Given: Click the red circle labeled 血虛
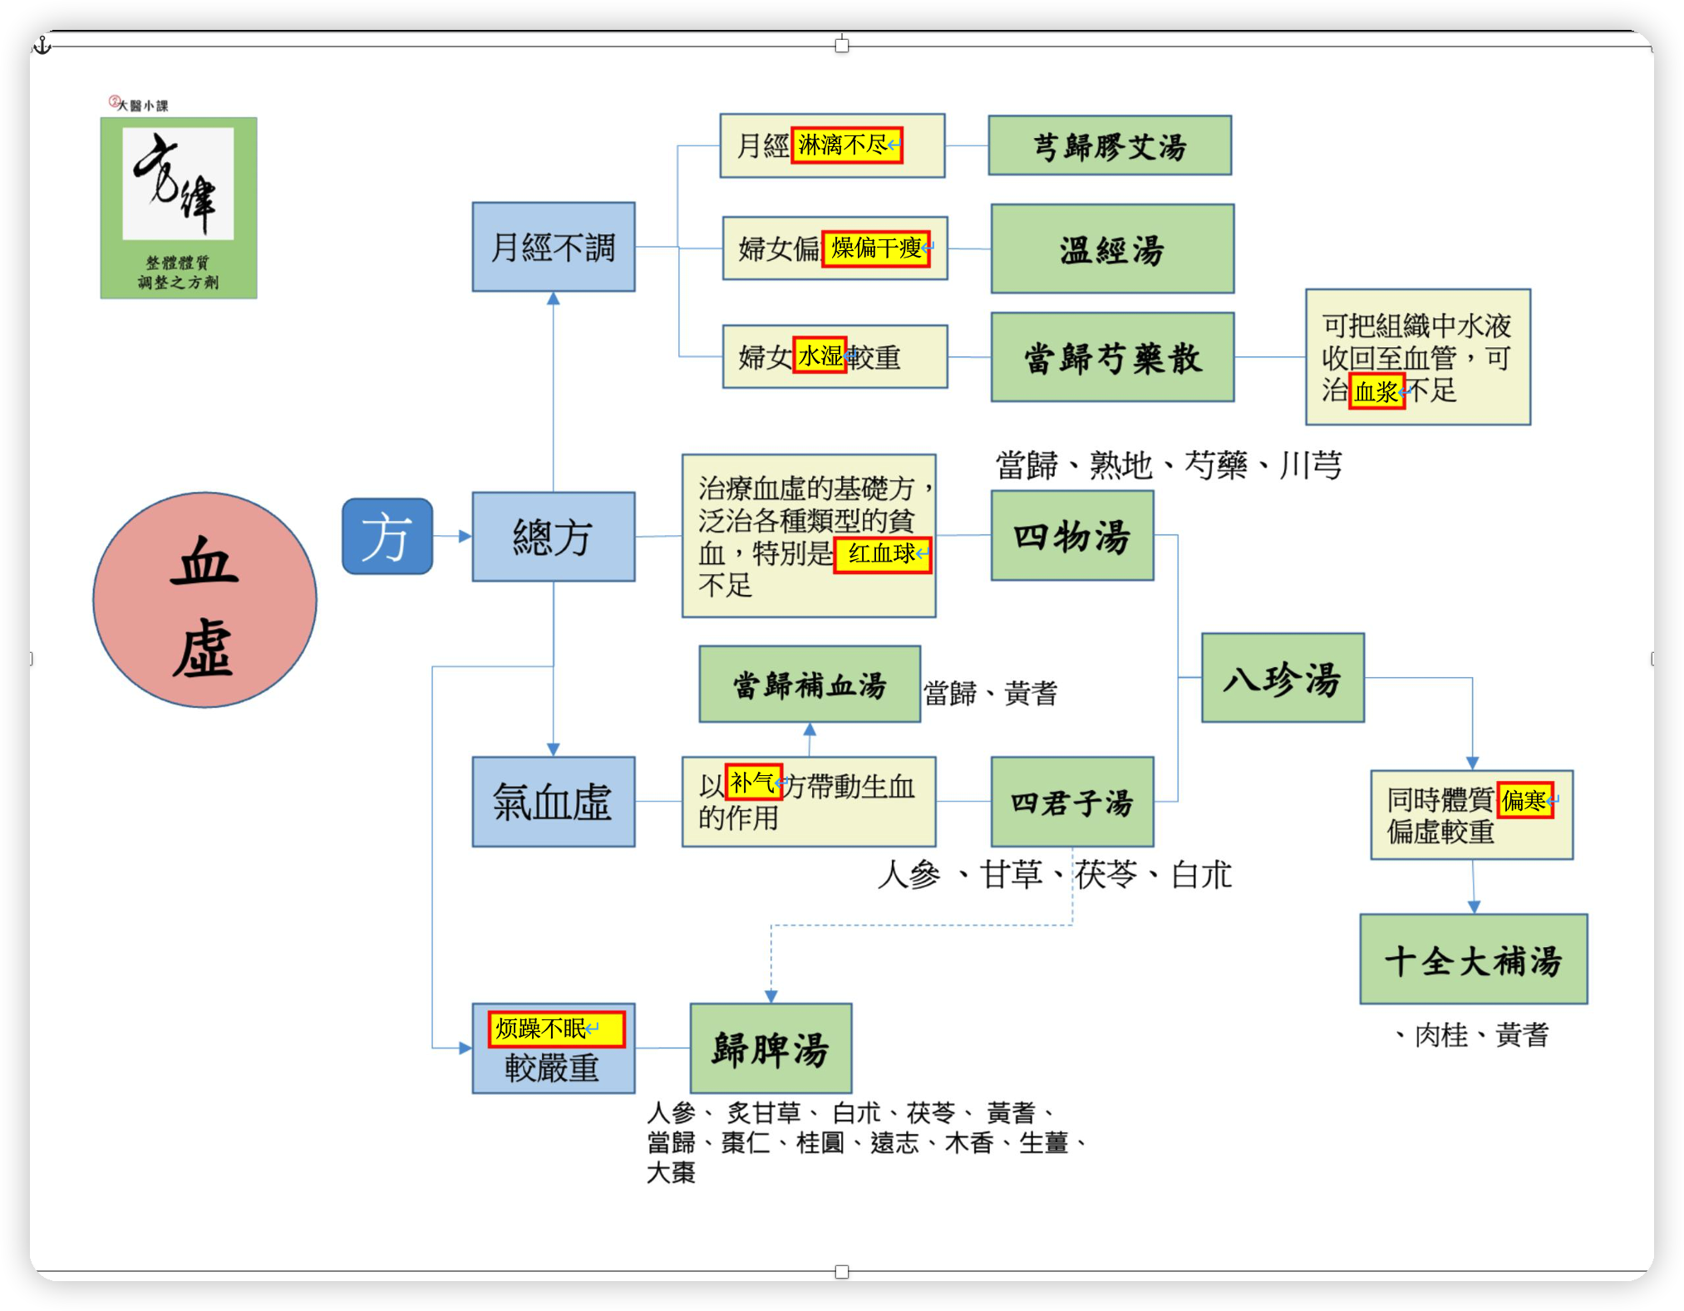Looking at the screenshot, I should tap(204, 600).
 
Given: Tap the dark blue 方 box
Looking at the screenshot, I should tap(387, 537).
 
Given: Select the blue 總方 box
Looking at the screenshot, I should tap(554, 537).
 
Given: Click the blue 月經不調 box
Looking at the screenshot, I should tap(554, 247).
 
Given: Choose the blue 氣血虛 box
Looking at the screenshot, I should tap(554, 802).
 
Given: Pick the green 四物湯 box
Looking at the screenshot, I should tap(1072, 536).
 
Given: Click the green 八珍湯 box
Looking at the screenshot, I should tap(1283, 678).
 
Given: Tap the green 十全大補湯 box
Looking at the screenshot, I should tap(1474, 960).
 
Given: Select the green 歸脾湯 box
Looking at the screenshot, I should tap(771, 1048).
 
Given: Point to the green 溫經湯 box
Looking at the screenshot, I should tap(1112, 249).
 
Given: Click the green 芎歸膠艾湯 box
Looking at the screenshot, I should tap(1110, 146).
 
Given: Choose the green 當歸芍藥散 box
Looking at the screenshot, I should tap(1112, 357).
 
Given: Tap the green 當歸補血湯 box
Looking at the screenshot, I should tap(810, 685).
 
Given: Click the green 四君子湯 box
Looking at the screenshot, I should tap(1072, 802).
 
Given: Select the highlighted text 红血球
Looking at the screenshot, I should tap(882, 554).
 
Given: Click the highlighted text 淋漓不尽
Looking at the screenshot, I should tap(846, 145).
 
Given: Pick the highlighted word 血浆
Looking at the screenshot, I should tap(1376, 391).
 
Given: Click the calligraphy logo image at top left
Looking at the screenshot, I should tap(179, 208).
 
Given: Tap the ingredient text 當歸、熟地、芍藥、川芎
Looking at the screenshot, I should tap(1169, 465).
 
